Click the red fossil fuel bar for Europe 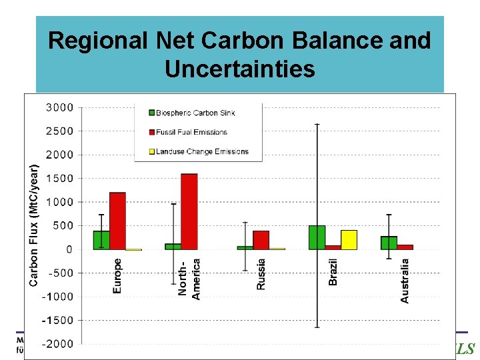(117, 221)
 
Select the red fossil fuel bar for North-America (189, 211)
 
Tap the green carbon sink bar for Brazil (317, 237)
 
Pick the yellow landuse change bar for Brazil (349, 240)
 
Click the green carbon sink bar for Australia (389, 243)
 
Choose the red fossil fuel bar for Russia (261, 240)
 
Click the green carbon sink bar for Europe (101, 240)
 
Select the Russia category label (261, 274)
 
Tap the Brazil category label (333, 272)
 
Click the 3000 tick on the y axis (61, 107)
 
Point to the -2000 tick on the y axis (59, 344)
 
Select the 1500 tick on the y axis (61, 179)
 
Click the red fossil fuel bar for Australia (405, 247)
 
